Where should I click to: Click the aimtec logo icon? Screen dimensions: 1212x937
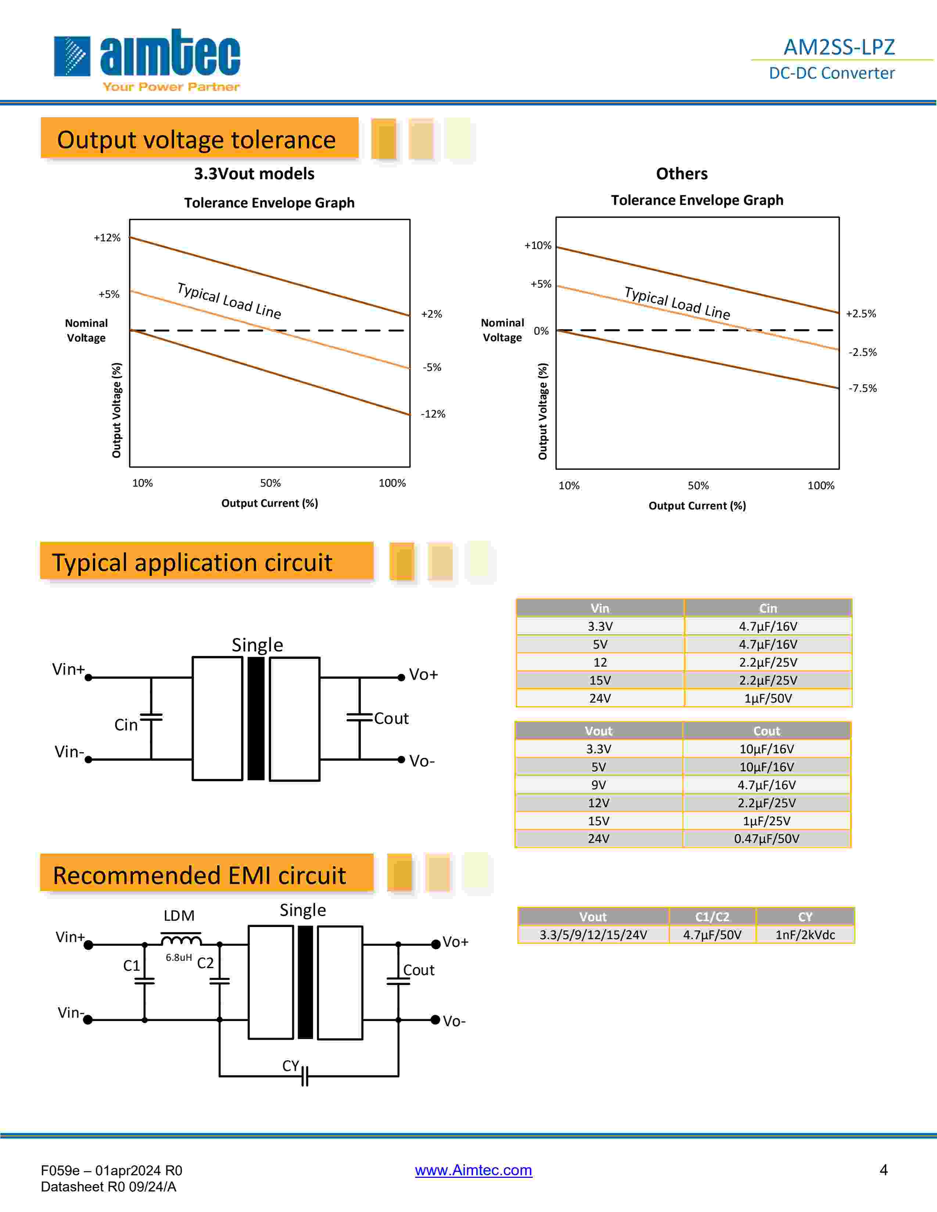point(72,56)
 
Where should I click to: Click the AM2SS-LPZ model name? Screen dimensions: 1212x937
point(839,47)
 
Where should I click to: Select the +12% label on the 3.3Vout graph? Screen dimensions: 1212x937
point(107,238)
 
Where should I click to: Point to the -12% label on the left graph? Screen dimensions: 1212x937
point(433,414)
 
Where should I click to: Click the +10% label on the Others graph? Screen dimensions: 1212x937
point(537,246)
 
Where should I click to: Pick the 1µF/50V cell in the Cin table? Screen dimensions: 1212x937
point(768,698)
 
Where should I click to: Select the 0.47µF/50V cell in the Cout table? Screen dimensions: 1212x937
point(766,838)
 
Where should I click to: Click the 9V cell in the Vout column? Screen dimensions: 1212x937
point(598,785)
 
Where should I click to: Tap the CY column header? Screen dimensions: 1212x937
point(805,917)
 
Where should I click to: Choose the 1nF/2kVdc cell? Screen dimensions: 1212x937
point(805,935)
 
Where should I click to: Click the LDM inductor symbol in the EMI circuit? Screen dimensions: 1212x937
point(181,939)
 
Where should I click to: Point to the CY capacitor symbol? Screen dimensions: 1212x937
point(304,1076)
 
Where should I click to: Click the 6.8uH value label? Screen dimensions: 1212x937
point(179,957)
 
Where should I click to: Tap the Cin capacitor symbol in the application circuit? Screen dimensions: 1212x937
point(151,717)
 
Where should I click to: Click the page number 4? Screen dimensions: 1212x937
point(883,1170)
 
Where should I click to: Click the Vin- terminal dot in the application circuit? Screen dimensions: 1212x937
point(88,759)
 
